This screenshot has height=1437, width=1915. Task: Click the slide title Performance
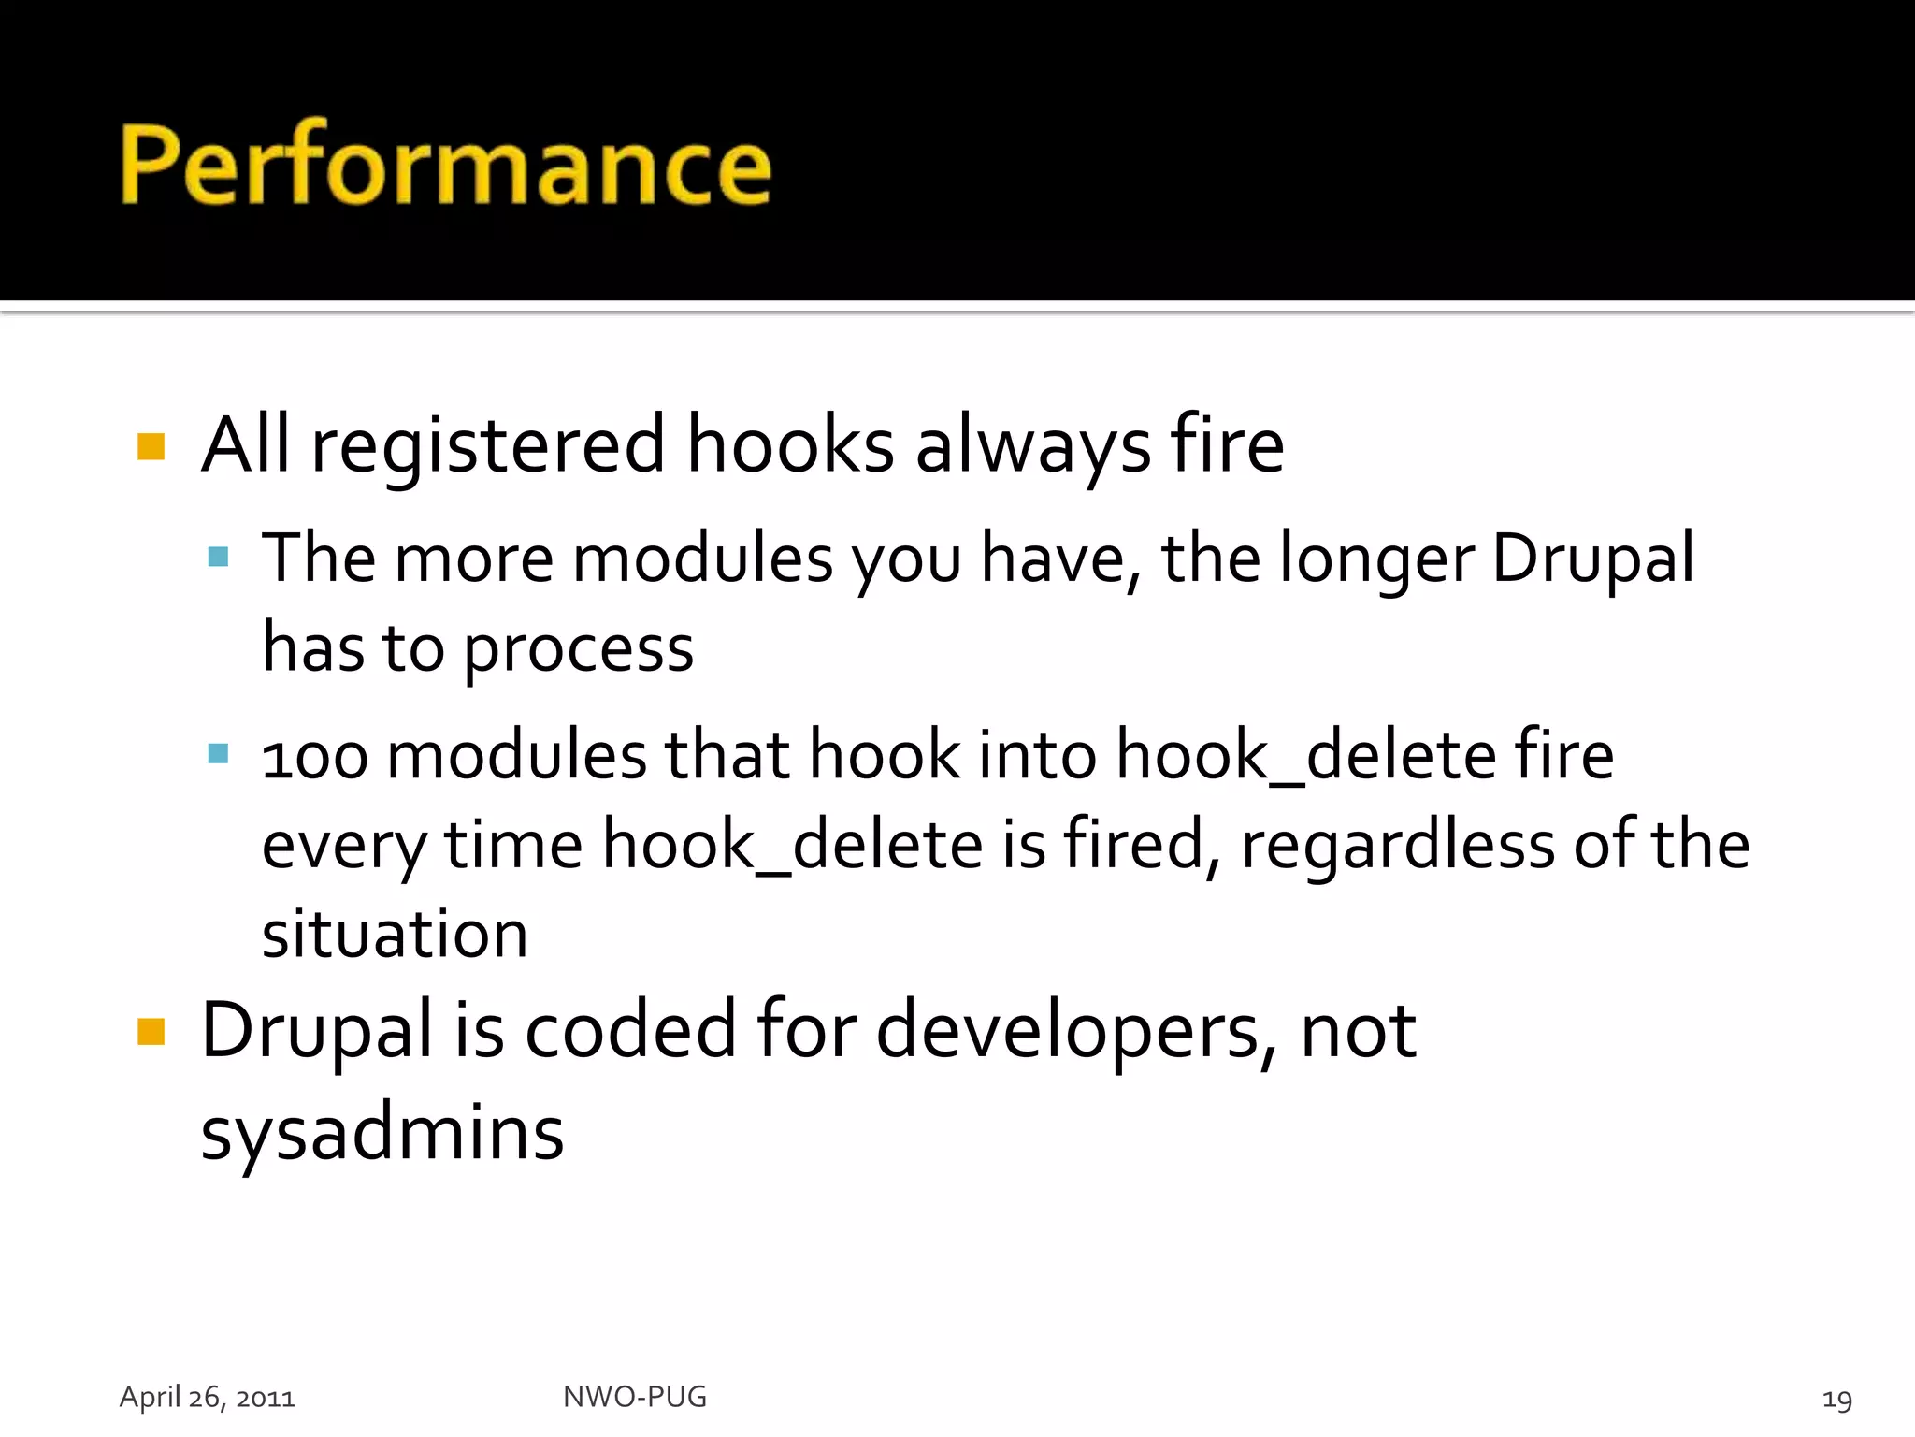[x=445, y=166]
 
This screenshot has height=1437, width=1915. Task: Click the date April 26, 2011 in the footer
[x=207, y=1397]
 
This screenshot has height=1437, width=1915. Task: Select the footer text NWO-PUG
[x=634, y=1397]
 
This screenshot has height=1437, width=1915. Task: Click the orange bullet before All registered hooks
[x=151, y=446]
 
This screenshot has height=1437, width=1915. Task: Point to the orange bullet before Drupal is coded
[x=151, y=1031]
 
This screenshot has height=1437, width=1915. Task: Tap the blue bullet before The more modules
[x=218, y=558]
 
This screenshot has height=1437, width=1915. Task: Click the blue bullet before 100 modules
[x=218, y=753]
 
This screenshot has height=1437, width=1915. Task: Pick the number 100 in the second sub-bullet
[x=314, y=756]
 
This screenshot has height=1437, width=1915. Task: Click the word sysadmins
[x=382, y=1134]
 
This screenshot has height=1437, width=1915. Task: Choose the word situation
[x=395, y=935]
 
